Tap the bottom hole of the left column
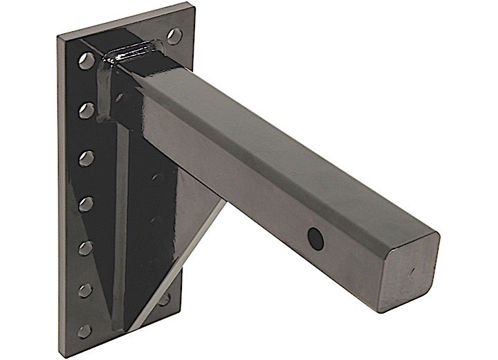coord(86,332)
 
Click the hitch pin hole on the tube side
coord(316,238)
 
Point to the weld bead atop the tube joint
coord(132,49)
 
